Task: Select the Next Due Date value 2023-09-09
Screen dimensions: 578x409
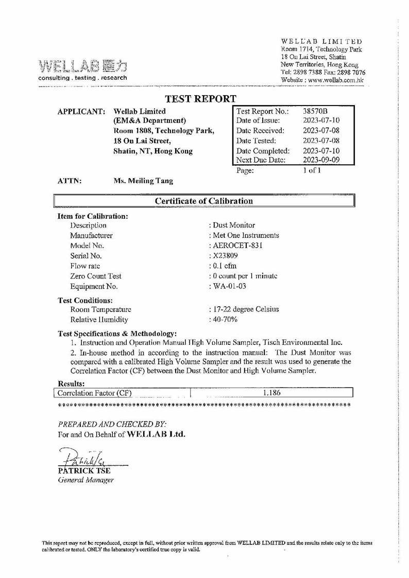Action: (x=321, y=160)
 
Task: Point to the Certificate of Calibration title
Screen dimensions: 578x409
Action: (x=204, y=200)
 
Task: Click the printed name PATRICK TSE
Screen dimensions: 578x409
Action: (x=87, y=471)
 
